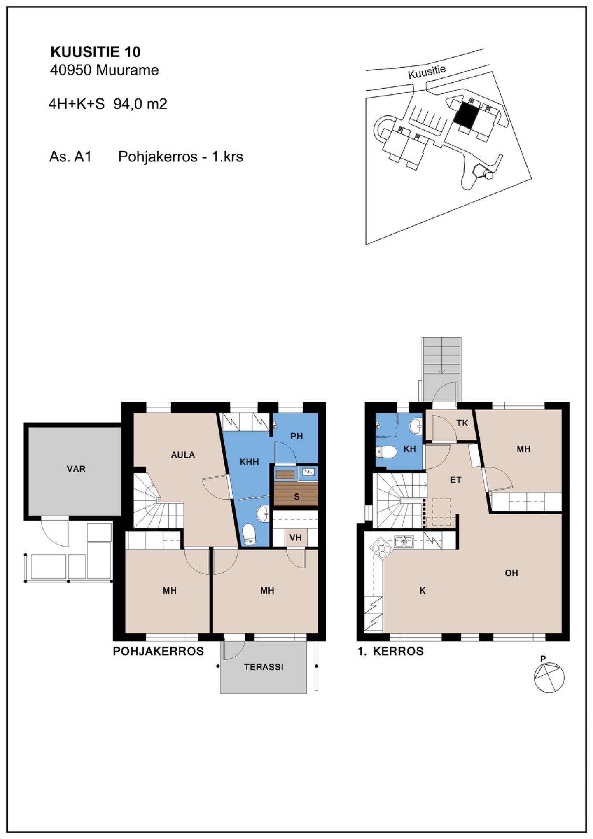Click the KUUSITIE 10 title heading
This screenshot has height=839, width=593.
pos(96,52)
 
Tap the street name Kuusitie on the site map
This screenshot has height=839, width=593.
pos(427,72)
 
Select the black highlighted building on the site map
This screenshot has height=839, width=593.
pos(467,115)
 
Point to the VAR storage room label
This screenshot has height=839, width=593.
pos(76,469)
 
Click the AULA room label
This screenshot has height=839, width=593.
pos(183,455)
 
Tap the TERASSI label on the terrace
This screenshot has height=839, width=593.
pos(264,667)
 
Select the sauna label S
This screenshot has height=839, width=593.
pos(297,497)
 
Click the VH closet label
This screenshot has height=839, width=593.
pos(296,538)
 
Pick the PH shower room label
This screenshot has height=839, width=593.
pos(296,436)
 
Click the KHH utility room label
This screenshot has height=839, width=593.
pos(249,462)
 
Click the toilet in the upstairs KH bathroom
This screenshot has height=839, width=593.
pos(386,452)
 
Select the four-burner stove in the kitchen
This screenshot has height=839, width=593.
pos(381,547)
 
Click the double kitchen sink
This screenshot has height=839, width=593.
pos(404,541)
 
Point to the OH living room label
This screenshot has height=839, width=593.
pos(511,573)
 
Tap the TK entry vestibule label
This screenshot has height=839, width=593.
pos(462,423)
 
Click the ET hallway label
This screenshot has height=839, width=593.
pos(456,480)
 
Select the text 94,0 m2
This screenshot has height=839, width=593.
pos(140,104)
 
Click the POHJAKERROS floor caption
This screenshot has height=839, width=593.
pos(159,651)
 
